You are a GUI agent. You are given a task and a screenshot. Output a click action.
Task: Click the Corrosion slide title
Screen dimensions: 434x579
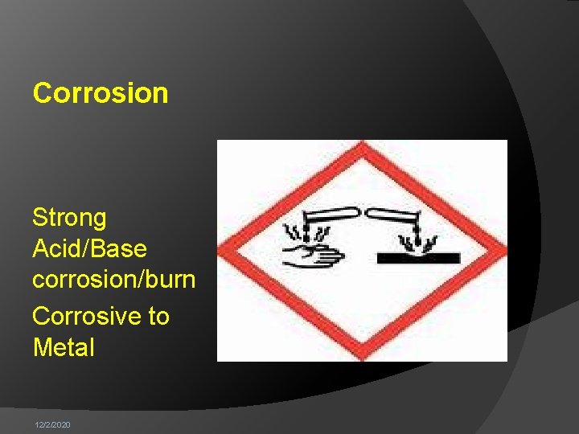101,93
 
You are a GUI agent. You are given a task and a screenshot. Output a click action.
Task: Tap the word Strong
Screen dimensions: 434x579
69,218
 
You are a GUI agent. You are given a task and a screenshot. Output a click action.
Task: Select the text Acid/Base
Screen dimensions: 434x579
89,248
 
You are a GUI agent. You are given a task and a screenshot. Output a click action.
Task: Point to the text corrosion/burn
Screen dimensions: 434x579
113,280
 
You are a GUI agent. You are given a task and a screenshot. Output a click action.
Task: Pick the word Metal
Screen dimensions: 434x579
64,348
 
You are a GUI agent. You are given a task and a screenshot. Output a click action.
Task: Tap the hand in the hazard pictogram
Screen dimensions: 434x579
314,258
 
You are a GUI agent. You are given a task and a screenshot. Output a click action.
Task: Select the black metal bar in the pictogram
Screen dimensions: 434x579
418,258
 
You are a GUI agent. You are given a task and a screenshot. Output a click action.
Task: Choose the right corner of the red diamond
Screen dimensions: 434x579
503,251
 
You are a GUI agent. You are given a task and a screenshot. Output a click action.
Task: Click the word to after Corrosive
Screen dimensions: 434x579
158,316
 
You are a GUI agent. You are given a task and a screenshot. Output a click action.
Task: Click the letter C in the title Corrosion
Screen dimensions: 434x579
42,93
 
